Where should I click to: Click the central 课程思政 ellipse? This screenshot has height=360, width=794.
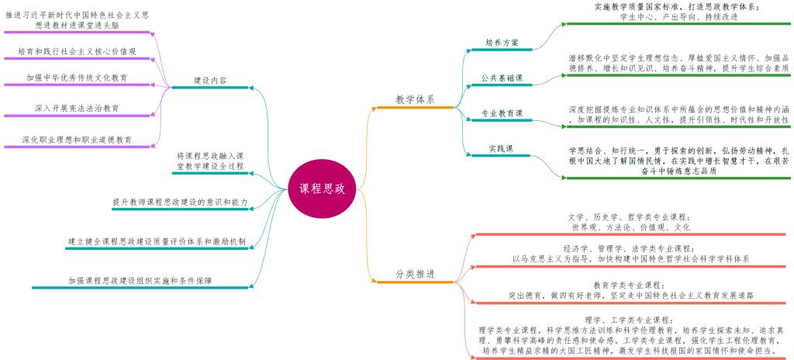coord(322,189)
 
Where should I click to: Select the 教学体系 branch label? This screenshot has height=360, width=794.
coord(416,99)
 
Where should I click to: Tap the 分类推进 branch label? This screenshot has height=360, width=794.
coord(416,275)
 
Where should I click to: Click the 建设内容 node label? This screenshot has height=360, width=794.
coord(210,80)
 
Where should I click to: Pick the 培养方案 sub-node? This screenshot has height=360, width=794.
coord(502,43)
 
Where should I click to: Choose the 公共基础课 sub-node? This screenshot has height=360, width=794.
coord(502,78)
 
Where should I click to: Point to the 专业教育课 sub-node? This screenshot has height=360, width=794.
coord(502,113)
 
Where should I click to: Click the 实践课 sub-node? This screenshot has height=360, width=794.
coord(502,148)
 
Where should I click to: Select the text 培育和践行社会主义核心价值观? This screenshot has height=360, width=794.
coord(77,52)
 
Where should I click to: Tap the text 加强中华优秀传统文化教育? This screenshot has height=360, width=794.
coord(77,78)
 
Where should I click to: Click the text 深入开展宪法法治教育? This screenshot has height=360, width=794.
coord(77,108)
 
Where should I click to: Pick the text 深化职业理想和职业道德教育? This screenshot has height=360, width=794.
coord(77,140)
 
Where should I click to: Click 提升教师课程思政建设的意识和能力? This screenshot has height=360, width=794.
coord(180,202)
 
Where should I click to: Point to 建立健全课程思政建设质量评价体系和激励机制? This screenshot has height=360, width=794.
coord(157,241)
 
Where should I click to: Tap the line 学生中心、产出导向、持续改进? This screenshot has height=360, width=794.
coord(678,16)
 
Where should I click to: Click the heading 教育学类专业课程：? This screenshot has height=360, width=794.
coord(628,285)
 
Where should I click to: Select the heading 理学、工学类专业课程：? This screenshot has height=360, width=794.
coord(628,320)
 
